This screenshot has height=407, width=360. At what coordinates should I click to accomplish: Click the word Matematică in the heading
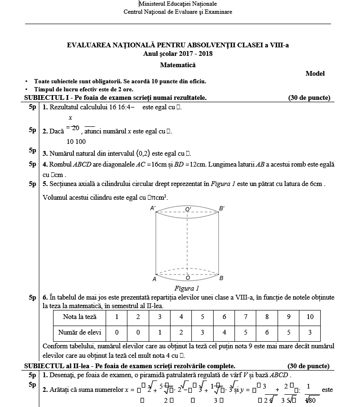(x=178, y=65)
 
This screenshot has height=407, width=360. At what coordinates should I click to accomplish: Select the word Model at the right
(x=315, y=73)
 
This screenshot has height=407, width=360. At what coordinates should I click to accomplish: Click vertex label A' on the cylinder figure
(x=153, y=208)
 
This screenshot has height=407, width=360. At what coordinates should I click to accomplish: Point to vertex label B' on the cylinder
(x=222, y=208)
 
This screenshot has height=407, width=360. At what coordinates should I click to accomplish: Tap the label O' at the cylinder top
(x=188, y=209)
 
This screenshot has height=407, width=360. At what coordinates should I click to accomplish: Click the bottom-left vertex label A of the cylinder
(x=154, y=279)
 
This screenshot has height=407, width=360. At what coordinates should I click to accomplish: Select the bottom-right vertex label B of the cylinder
(x=221, y=278)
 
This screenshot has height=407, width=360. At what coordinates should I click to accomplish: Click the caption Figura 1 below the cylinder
(x=187, y=288)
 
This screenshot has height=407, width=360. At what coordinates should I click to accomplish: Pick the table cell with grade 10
(x=310, y=317)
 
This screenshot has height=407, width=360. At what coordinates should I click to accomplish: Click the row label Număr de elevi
(x=77, y=333)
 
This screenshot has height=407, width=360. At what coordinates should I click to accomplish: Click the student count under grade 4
(x=181, y=333)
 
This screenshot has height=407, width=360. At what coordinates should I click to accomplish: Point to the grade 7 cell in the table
(x=245, y=317)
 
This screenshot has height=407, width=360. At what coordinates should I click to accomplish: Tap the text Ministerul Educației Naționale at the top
(x=178, y=4)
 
